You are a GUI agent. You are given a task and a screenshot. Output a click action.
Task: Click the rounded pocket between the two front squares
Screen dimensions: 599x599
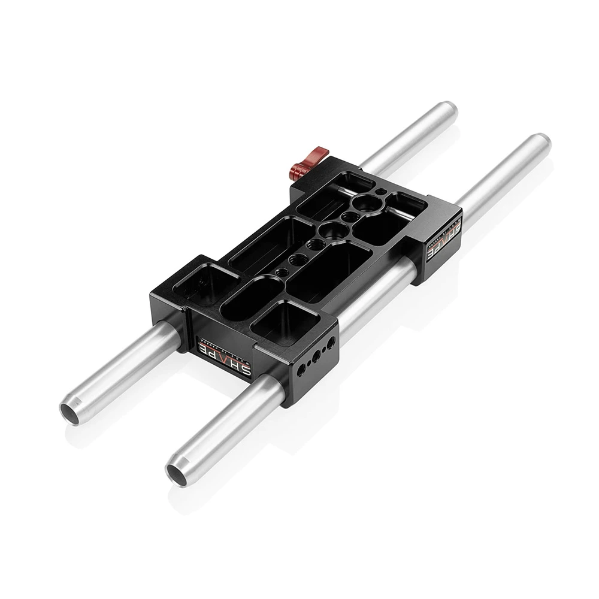coord(250,296)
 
